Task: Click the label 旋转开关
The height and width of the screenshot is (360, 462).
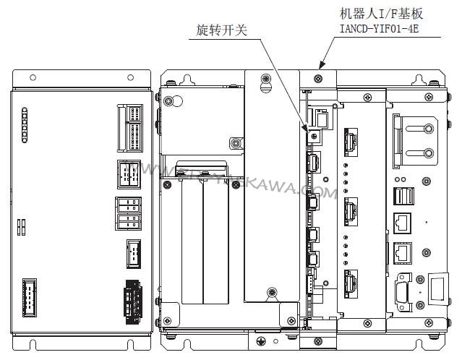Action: tap(223, 30)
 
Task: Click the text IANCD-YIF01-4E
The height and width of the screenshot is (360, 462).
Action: tap(380, 29)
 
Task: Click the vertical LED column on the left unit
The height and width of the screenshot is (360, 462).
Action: tap(24, 126)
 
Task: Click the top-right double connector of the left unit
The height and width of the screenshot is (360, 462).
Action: tap(131, 127)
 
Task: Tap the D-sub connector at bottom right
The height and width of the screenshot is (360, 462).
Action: tap(402, 293)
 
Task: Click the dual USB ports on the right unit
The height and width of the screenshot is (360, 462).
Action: tap(402, 196)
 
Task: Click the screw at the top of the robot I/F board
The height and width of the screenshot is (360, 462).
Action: tap(318, 76)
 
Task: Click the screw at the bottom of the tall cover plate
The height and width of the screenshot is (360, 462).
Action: tap(272, 292)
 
